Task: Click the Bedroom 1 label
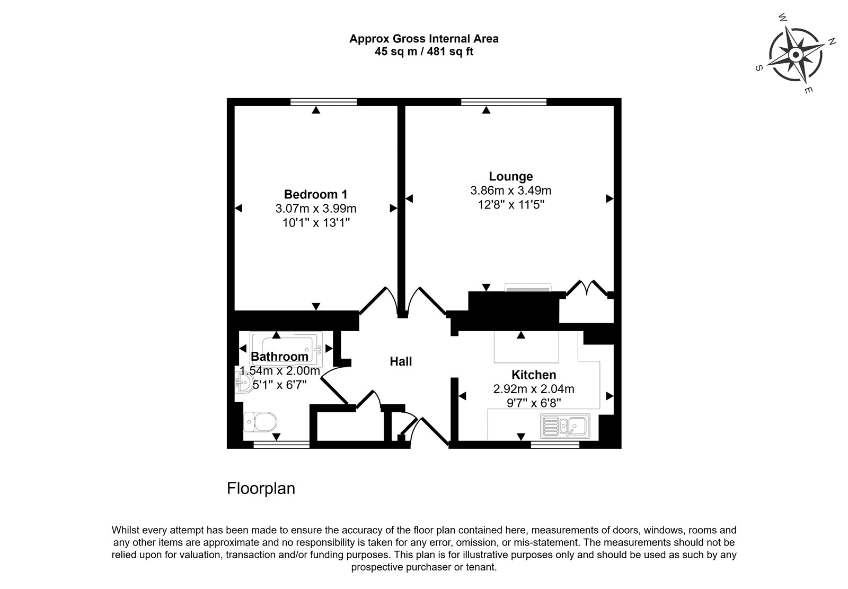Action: (315, 194)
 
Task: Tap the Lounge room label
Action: (511, 176)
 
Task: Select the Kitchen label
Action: (534, 375)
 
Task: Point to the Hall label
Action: (401, 361)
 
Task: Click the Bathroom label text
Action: (279, 357)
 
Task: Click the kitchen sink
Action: (566, 426)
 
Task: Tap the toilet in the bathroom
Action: (260, 422)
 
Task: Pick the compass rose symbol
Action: (796, 55)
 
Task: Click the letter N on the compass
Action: (832, 42)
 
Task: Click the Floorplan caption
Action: (261, 489)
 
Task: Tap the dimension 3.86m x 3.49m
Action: (511, 190)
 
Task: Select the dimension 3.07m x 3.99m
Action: (316, 209)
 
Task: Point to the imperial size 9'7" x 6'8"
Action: (534, 403)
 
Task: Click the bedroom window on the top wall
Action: (324, 102)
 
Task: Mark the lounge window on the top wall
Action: (504, 102)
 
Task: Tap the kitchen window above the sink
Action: (555, 445)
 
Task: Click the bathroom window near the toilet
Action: (281, 445)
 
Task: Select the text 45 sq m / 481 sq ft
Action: (424, 51)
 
